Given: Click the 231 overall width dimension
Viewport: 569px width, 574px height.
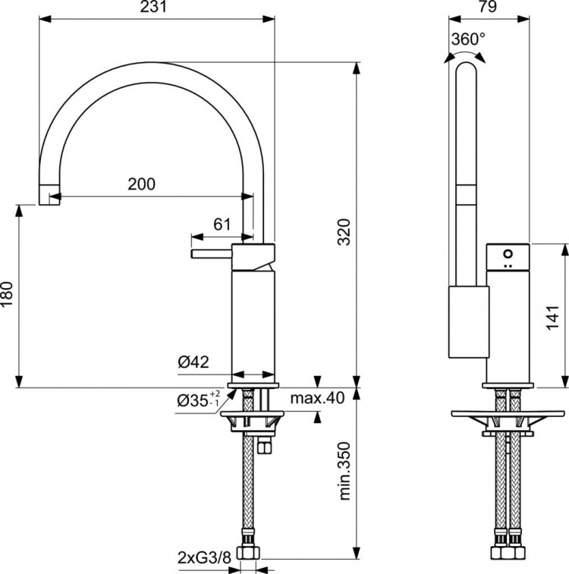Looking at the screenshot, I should tap(156, 8).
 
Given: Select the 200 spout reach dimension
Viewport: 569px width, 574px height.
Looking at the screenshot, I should tap(141, 183).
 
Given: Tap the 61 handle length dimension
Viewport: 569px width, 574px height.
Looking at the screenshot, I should tap(222, 224).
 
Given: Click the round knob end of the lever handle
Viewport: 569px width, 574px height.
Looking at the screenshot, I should tap(194, 253).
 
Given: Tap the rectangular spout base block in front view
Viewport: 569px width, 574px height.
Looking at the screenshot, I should tap(467, 322).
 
